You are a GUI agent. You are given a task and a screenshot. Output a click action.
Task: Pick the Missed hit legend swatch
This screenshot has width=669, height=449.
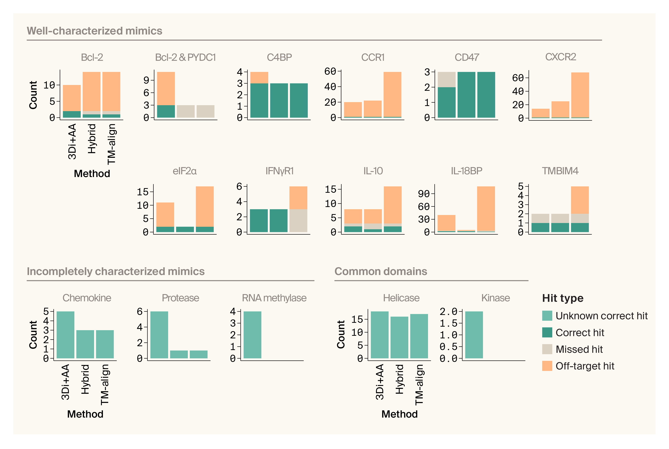pos(547,349)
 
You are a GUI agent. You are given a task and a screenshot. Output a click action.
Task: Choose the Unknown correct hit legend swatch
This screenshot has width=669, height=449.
pos(547,316)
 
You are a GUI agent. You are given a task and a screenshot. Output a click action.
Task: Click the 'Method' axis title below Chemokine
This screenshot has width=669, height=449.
pos(85,414)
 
